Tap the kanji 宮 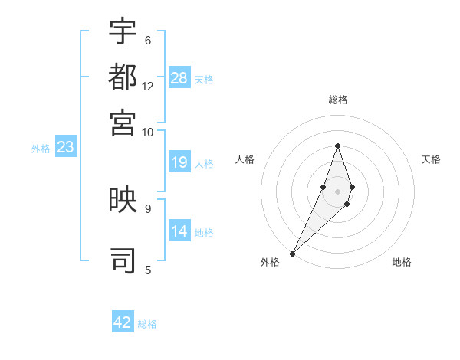coord(123,123)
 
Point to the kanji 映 coord(123,200)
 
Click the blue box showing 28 coord(179,78)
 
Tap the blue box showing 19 coord(179,162)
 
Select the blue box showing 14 coord(179,231)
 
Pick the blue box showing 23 coord(65,148)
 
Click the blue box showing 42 coord(123,322)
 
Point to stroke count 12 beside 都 coord(148,87)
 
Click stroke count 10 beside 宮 coord(148,132)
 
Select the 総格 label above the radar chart coord(337,100)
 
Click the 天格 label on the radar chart coord(431,159)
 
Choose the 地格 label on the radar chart coord(402,263)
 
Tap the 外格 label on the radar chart coord(270,263)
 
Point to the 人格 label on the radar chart coord(245,159)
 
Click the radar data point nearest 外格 coord(292,253)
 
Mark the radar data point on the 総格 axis coord(337,146)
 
